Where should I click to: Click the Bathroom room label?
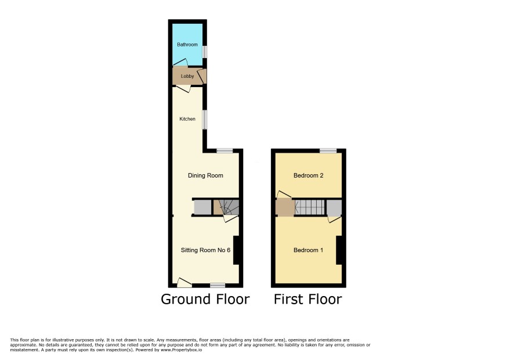coord(187,45)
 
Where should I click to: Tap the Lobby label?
coord(187,76)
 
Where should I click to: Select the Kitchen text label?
coord(187,119)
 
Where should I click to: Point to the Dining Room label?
coord(205,175)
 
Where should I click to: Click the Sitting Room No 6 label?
coord(205,250)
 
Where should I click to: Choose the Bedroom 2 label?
coord(309,175)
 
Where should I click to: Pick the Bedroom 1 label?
coord(309,250)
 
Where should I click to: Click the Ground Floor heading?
coord(205,299)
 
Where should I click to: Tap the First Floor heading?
coord(308,299)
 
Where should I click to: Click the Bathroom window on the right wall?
coord(205,52)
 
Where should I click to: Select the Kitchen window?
coord(205,120)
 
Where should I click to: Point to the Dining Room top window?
coord(225,150)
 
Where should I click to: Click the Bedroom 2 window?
coord(328,150)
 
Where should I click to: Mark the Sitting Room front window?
coord(218,285)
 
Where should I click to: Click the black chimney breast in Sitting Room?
coord(236,250)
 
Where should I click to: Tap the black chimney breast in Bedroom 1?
coord(339,250)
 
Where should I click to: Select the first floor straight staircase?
coord(309,207)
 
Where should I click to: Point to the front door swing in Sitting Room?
coord(184,282)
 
